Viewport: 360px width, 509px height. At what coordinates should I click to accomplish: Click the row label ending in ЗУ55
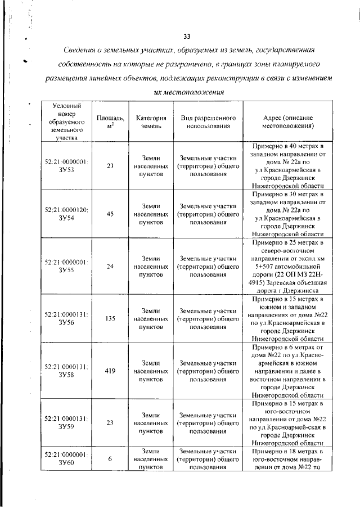click(x=66, y=266)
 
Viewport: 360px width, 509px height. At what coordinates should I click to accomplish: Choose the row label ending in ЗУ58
click(x=66, y=371)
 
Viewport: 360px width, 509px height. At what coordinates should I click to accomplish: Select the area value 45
click(x=110, y=214)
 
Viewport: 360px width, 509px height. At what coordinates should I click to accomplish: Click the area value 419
click(x=110, y=371)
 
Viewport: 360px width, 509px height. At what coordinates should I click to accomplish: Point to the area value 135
click(x=110, y=318)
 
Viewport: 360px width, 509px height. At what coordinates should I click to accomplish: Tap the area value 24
click(x=110, y=266)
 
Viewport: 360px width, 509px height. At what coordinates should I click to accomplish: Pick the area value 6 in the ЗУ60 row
click(x=110, y=458)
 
